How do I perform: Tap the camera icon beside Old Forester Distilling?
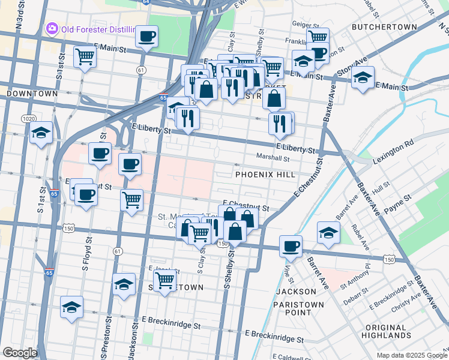coord(52,28)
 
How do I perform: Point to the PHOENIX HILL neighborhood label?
coord(265,174)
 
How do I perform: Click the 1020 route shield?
coord(28,119)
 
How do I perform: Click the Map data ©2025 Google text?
coord(411,355)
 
